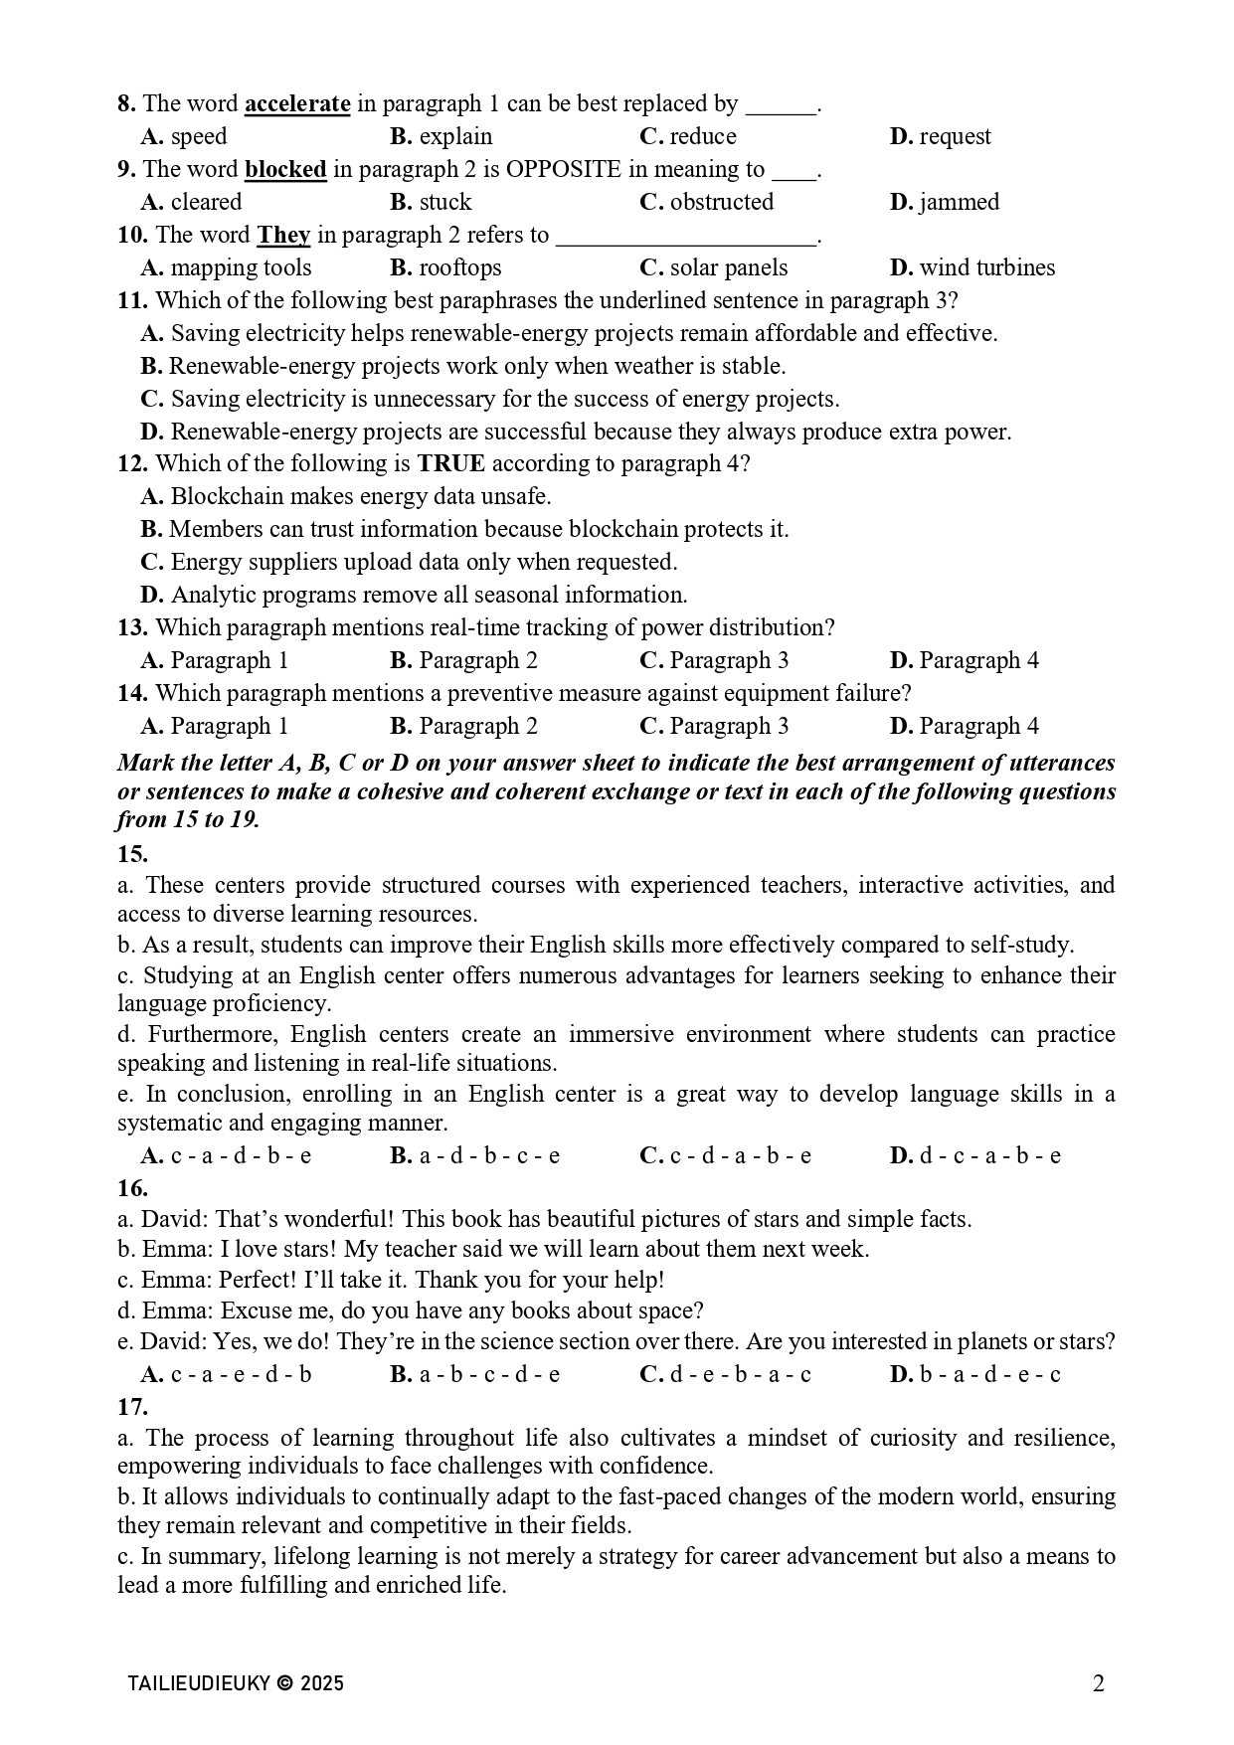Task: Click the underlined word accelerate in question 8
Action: point(296,104)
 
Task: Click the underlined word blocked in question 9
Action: point(285,170)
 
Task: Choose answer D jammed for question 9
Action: point(944,203)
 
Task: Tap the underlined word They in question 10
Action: point(283,236)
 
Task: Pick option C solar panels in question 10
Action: point(713,268)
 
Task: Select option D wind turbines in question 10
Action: point(971,268)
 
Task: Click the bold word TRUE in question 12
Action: point(450,464)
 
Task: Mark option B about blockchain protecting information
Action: point(464,530)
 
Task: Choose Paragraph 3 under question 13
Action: point(714,661)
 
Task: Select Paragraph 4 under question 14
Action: point(964,727)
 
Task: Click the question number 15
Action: point(132,855)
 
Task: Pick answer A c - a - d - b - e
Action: point(226,1156)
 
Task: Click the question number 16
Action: point(132,1189)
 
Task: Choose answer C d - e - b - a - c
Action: point(725,1375)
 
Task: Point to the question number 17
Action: point(132,1408)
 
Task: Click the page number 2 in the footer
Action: point(1098,1683)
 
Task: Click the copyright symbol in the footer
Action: point(285,1683)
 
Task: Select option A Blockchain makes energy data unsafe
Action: point(345,497)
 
